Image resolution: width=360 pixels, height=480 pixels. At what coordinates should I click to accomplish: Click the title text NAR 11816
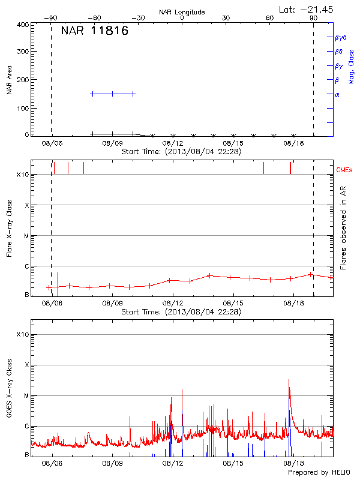[94, 31]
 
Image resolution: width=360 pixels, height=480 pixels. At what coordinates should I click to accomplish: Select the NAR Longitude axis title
[182, 12]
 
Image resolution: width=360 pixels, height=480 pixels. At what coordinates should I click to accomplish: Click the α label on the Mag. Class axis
[337, 94]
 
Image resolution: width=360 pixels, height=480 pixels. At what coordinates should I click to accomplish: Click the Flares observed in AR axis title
[343, 227]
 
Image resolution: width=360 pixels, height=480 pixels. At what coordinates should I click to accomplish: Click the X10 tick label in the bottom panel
[23, 334]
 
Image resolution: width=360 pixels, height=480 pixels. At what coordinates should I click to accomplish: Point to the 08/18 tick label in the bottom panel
[293, 464]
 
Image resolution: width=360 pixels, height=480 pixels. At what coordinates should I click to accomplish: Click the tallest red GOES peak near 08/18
[289, 380]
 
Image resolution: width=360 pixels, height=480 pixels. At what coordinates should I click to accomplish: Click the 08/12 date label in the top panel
[173, 144]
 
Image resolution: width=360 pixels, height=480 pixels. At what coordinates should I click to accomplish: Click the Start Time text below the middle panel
[181, 312]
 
